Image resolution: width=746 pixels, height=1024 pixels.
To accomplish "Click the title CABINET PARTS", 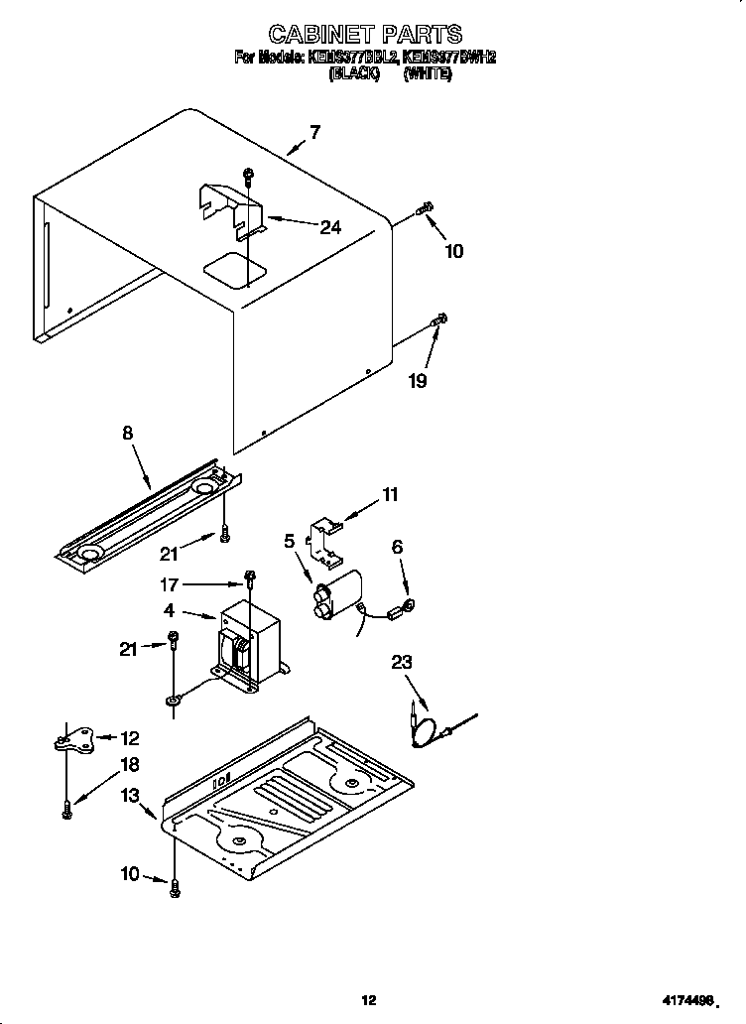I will point(365,36).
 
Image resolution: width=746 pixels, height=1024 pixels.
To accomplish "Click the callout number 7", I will point(314,132).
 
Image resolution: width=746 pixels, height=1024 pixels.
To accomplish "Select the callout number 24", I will point(330,227).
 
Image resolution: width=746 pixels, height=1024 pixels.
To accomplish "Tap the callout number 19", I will point(419,380).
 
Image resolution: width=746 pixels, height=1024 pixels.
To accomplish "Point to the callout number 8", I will point(128,433).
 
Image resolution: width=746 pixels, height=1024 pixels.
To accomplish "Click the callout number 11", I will point(390,494).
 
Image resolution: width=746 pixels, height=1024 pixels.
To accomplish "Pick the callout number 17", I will point(170,584).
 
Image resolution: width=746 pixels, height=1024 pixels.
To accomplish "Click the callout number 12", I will point(130,738).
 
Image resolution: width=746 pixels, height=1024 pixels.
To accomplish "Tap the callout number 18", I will point(130,765).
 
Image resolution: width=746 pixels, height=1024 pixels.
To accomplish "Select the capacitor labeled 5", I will point(333,596).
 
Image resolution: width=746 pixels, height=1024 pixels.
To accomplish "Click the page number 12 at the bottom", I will point(369,999).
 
